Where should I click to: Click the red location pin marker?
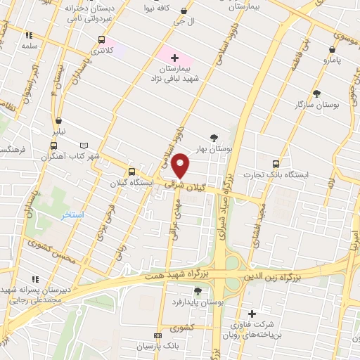(x=181, y=165)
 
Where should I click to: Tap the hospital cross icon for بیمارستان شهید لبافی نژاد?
(x=175, y=57)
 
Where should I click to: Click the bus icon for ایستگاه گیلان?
(x=131, y=172)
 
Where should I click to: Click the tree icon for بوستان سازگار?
(x=316, y=93)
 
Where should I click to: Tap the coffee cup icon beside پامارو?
(x=333, y=50)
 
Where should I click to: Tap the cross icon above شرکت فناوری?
(x=252, y=314)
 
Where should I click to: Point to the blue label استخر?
(x=72, y=214)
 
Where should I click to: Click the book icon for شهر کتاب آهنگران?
(x=85, y=144)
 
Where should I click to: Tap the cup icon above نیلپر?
(x=58, y=120)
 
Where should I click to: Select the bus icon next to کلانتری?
(x=102, y=40)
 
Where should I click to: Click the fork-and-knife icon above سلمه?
(x=29, y=34)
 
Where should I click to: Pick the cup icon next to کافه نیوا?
(x=184, y=11)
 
